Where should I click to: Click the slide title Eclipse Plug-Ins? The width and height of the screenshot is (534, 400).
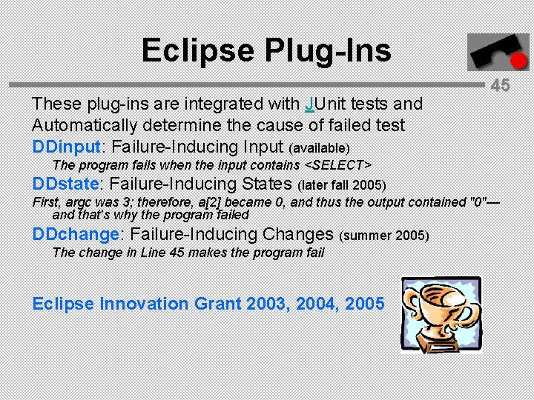click(x=266, y=50)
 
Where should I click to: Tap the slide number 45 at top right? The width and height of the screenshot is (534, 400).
click(x=501, y=85)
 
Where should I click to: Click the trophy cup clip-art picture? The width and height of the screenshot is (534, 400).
click(x=441, y=314)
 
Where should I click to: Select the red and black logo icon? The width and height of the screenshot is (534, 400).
click(x=487, y=53)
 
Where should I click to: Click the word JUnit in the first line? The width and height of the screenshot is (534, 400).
click(x=327, y=104)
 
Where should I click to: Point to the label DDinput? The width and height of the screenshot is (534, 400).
click(x=67, y=147)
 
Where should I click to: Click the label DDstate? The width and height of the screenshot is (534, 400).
click(x=66, y=183)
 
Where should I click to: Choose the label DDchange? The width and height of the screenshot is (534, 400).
click(x=76, y=234)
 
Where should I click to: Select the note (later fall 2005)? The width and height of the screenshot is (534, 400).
click(x=342, y=184)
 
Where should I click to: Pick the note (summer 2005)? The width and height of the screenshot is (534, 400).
click(x=383, y=236)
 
